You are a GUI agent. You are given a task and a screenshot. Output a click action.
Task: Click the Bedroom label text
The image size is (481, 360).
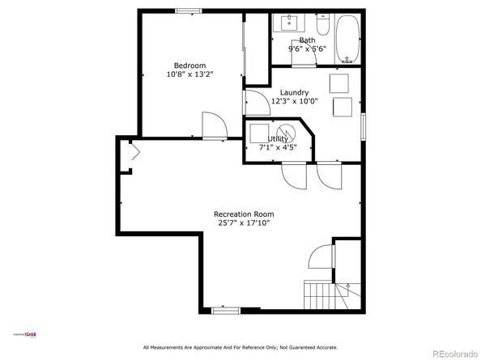point(189,66)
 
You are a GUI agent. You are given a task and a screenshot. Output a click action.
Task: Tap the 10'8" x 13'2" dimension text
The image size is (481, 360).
point(189,74)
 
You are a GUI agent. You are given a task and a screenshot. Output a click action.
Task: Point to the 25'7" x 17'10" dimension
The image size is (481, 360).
point(243,222)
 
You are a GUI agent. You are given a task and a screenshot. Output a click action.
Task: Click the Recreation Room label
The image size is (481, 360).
point(243,214)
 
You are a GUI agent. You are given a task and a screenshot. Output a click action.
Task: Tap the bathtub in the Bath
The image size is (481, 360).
point(347,40)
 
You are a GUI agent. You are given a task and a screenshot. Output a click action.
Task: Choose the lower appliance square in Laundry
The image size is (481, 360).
point(343,107)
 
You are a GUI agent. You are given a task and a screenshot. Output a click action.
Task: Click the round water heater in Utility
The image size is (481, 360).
point(285,133)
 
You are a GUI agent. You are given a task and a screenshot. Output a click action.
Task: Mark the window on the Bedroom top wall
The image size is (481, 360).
point(189,11)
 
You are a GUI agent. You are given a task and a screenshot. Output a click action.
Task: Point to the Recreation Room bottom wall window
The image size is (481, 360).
point(223,309)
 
